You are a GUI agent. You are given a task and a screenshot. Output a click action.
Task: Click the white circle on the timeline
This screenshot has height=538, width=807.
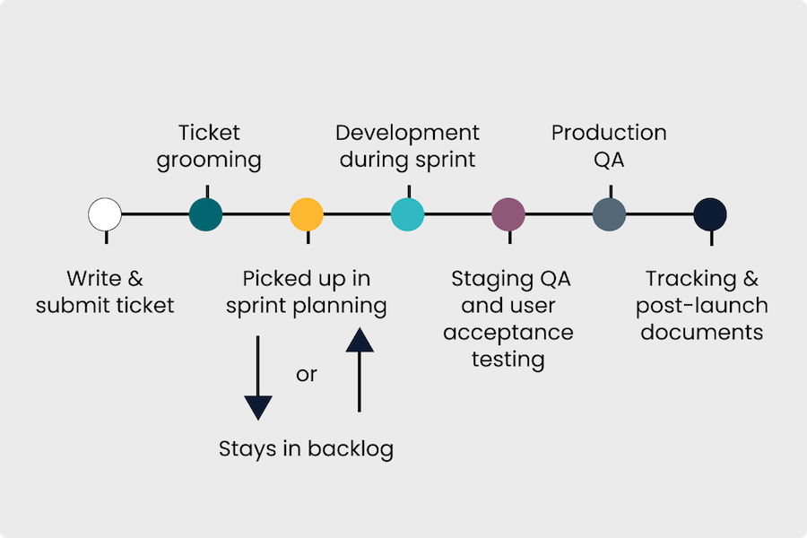pyautogui.click(x=105, y=215)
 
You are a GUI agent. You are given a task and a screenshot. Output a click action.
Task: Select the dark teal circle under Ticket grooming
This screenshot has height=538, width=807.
pyautogui.click(x=206, y=215)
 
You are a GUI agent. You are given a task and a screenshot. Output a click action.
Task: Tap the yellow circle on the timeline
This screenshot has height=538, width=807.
pyautogui.click(x=307, y=215)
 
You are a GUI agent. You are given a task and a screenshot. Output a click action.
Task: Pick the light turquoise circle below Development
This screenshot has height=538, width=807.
pyautogui.click(x=408, y=215)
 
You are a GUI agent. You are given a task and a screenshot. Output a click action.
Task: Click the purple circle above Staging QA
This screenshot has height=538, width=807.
pyautogui.click(x=508, y=215)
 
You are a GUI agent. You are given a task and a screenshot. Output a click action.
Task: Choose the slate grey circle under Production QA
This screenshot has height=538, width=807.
pyautogui.click(x=610, y=215)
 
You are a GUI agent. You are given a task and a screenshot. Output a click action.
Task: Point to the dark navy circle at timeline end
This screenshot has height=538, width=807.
pyautogui.click(x=710, y=215)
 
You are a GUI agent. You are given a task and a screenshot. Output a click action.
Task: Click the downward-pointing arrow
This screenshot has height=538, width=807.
pyautogui.click(x=257, y=377)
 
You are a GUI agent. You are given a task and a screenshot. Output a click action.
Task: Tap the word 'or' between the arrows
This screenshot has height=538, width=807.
pyautogui.click(x=307, y=374)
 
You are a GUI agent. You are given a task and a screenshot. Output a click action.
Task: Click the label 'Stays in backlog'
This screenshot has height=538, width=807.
pyautogui.click(x=306, y=448)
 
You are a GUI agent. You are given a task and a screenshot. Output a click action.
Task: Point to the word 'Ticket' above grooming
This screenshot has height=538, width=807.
pyautogui.click(x=209, y=133)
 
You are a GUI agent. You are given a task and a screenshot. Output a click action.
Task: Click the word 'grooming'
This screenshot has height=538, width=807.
pyautogui.click(x=209, y=161)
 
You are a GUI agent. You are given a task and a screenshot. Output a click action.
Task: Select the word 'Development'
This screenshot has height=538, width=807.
pyautogui.click(x=408, y=133)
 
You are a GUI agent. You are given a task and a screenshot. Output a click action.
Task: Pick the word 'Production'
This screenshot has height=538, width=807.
pyautogui.click(x=609, y=133)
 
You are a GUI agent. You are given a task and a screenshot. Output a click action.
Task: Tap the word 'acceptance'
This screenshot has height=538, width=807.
pyautogui.click(x=508, y=333)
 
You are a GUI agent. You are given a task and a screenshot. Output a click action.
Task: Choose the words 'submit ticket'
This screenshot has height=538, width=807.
pyautogui.click(x=105, y=306)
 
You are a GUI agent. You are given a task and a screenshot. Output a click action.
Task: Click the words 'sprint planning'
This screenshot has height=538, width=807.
pyautogui.click(x=306, y=306)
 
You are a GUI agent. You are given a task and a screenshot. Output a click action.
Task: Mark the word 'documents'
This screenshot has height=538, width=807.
pyautogui.click(x=702, y=333)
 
